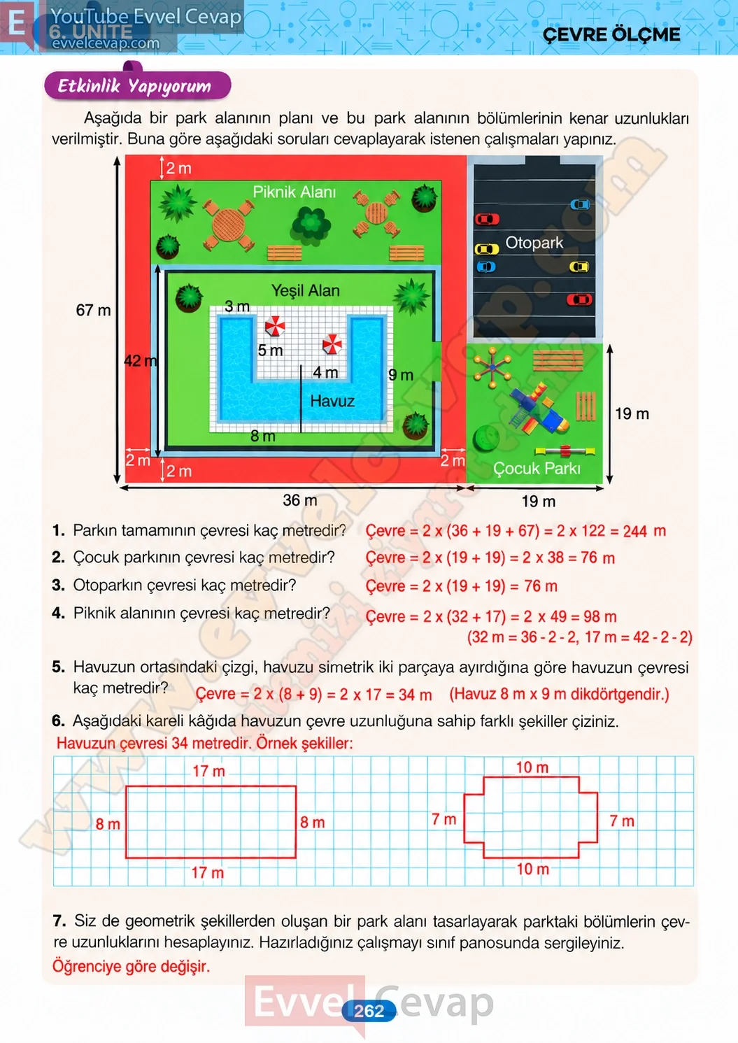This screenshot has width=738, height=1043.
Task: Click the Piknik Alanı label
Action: (294, 192)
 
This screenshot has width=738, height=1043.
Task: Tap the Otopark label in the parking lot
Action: (534, 243)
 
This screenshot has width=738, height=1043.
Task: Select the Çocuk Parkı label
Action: (537, 468)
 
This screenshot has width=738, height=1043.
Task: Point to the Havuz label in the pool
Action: (332, 401)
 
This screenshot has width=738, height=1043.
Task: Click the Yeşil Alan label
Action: (305, 290)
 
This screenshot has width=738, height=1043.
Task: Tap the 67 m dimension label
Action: (93, 310)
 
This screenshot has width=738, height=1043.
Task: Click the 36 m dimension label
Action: (300, 500)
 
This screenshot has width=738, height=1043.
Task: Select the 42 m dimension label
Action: (141, 360)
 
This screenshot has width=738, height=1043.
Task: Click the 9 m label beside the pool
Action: (401, 375)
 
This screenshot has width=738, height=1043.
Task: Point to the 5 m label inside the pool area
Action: (270, 350)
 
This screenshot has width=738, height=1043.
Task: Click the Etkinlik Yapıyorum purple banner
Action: (137, 85)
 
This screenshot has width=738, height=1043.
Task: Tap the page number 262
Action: (369, 1011)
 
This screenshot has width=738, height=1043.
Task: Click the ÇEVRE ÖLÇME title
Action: (611, 34)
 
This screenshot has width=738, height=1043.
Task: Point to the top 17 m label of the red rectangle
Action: (208, 771)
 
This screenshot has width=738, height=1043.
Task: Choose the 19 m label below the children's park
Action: (538, 502)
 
